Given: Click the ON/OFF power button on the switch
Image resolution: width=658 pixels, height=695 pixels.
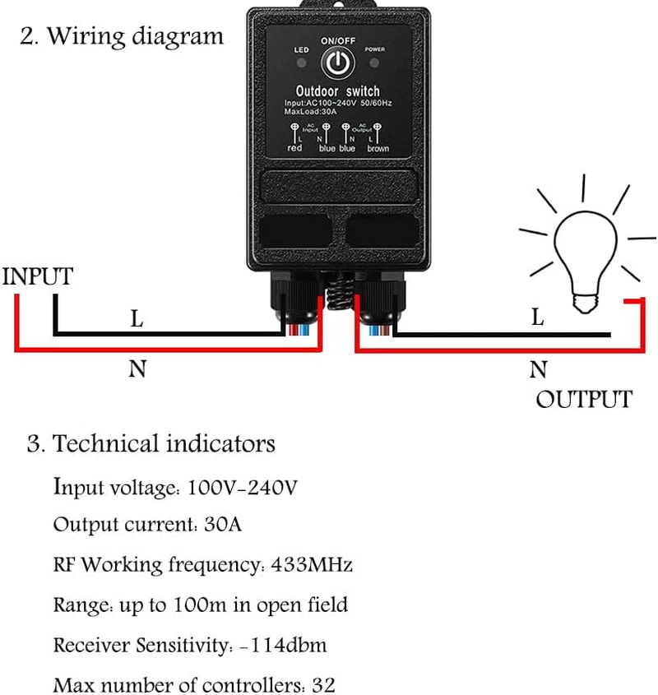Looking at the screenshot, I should pyautogui.click(x=336, y=62).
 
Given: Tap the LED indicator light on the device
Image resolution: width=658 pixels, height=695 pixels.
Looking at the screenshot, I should pyautogui.click(x=301, y=63).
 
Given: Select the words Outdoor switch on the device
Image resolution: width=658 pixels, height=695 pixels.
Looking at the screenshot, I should pyautogui.click(x=337, y=90).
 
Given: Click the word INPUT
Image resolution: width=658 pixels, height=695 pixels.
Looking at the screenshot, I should pyautogui.click(x=38, y=276).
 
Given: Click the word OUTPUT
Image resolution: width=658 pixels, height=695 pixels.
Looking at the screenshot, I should pyautogui.click(x=584, y=400).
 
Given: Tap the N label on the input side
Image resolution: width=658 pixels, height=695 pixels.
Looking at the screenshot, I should pyautogui.click(x=137, y=369).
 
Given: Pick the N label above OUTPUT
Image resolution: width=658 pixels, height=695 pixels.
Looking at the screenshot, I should pyautogui.click(x=538, y=370).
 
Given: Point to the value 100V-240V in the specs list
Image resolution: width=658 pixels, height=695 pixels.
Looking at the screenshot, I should pyautogui.click(x=242, y=487).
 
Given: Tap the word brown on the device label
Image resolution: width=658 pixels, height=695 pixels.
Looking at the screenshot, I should pyautogui.click(x=378, y=149).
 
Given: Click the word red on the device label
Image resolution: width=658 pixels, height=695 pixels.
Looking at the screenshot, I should pyautogui.click(x=295, y=149).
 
